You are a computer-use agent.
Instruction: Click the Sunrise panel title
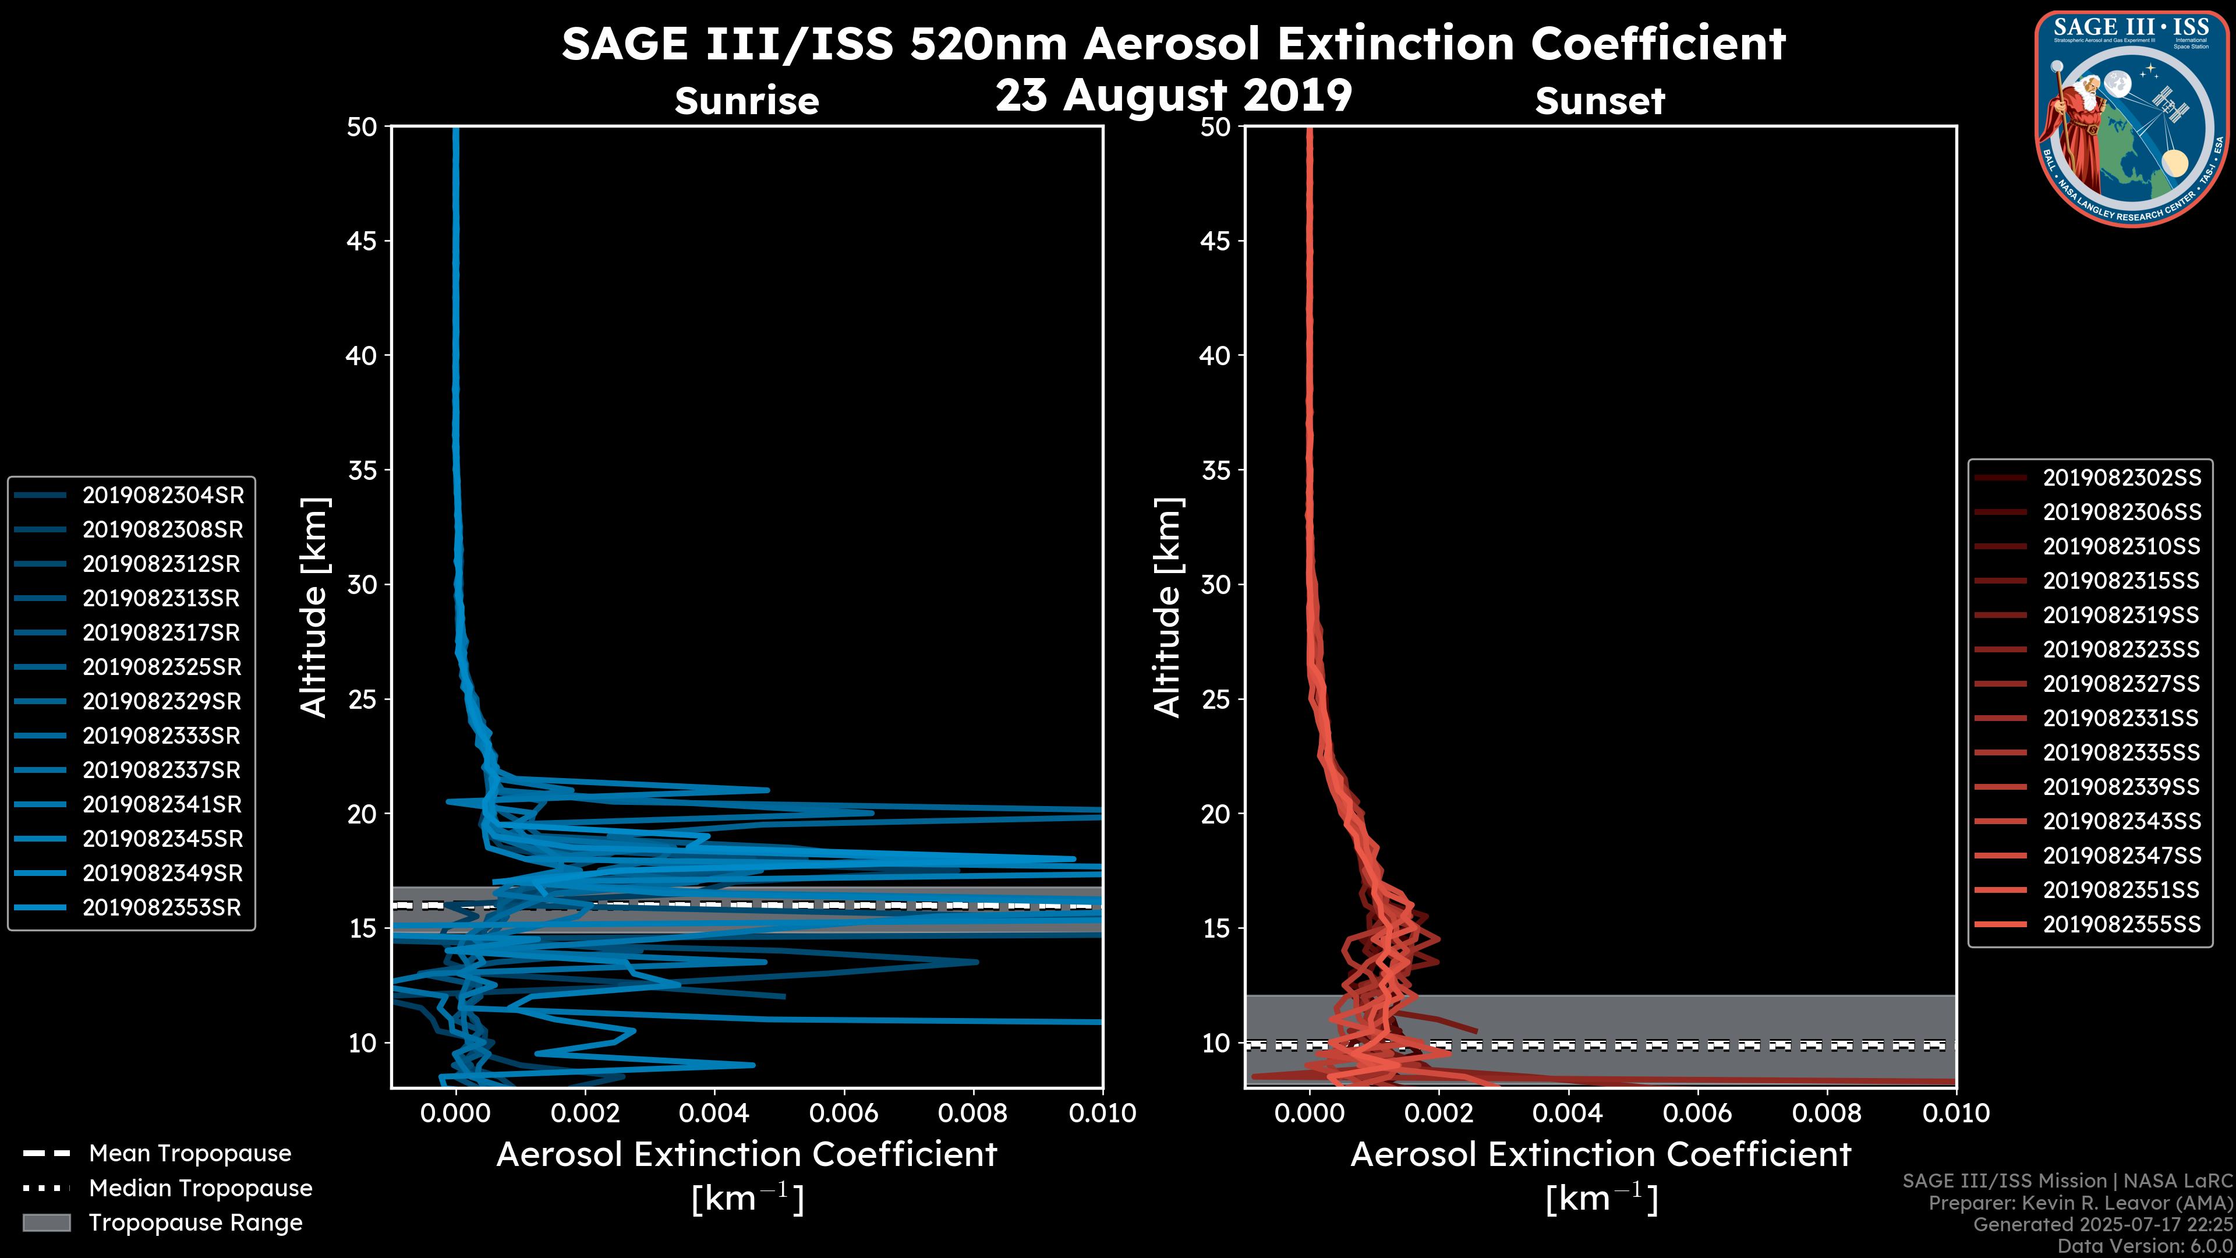[x=746, y=101]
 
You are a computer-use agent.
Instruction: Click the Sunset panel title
[x=1600, y=101]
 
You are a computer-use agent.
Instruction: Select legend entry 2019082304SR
[x=163, y=495]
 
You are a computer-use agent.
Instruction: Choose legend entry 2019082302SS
[x=2121, y=478]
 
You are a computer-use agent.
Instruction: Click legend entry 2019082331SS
[x=2121, y=718]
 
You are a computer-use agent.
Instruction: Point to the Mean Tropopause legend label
[x=190, y=1153]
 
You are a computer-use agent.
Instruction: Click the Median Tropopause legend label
[x=200, y=1188]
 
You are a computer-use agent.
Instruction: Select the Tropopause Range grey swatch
[x=46, y=1222]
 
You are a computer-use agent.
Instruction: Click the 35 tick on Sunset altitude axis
[x=1216, y=469]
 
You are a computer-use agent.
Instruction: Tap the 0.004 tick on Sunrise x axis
[x=714, y=1113]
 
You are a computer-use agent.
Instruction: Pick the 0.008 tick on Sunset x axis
[x=1827, y=1113]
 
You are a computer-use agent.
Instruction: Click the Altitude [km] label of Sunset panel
[x=1167, y=607]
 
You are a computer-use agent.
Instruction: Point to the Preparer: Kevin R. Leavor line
[x=2080, y=1203]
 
